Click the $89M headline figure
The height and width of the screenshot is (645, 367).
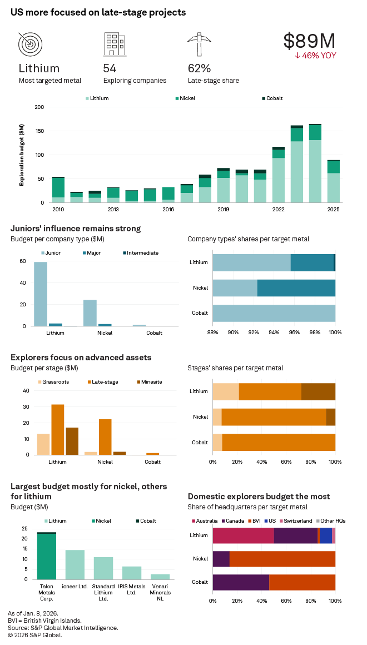[x=309, y=41]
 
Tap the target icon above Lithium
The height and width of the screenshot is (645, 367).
[x=30, y=44]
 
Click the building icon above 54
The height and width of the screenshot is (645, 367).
[x=114, y=44]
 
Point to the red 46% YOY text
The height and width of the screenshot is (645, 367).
[x=315, y=56]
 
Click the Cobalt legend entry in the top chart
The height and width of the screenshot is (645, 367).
[x=271, y=98]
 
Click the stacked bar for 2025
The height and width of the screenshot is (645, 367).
[x=333, y=181]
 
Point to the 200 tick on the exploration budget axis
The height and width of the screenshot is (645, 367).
[x=39, y=107]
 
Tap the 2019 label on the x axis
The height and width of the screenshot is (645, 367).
[x=223, y=210]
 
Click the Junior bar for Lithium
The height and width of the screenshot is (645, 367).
[x=41, y=294]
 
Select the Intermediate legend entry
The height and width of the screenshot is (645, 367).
[x=140, y=253]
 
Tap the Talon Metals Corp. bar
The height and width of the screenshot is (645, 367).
[x=47, y=556]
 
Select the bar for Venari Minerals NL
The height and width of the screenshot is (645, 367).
[x=160, y=577]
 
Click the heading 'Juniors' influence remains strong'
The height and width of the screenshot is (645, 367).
[x=76, y=229]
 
